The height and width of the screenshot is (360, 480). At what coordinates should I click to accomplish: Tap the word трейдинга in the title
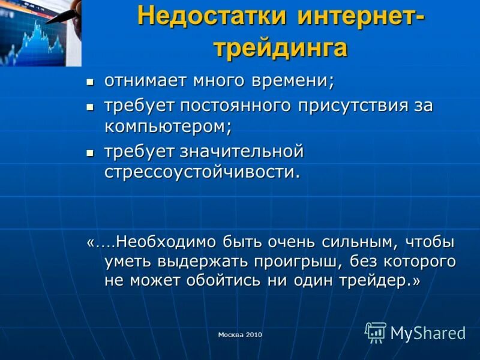[x=280, y=47]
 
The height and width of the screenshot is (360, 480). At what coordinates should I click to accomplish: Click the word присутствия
[x=341, y=106]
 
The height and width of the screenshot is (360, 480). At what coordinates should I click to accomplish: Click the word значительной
[x=245, y=152]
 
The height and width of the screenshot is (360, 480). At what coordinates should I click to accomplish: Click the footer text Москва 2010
[x=240, y=335]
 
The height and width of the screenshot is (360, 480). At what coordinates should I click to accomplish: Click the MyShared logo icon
[x=376, y=332]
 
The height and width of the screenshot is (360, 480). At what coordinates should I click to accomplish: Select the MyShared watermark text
[x=428, y=333]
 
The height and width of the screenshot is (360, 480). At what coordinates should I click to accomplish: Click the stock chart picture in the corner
[x=40, y=32]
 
